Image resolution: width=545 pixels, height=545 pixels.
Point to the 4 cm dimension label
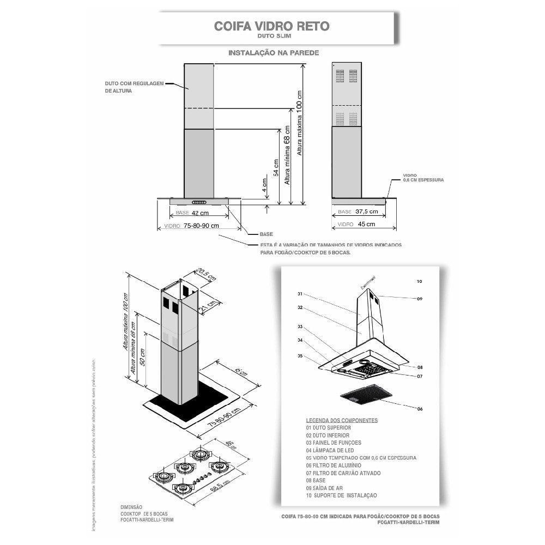[x=264, y=187]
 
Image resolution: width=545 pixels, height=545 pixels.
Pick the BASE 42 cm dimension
[x=199, y=213]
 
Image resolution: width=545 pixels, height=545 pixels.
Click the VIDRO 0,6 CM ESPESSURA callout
[x=423, y=177]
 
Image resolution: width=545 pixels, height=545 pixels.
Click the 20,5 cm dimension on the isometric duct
[x=204, y=274]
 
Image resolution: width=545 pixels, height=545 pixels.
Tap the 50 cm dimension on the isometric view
[x=143, y=356]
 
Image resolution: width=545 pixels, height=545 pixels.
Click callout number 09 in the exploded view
[x=420, y=299]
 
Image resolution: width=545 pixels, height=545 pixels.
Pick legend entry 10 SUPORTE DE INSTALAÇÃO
[x=341, y=495]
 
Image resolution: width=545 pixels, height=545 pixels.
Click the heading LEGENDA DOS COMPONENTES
[x=342, y=421]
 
